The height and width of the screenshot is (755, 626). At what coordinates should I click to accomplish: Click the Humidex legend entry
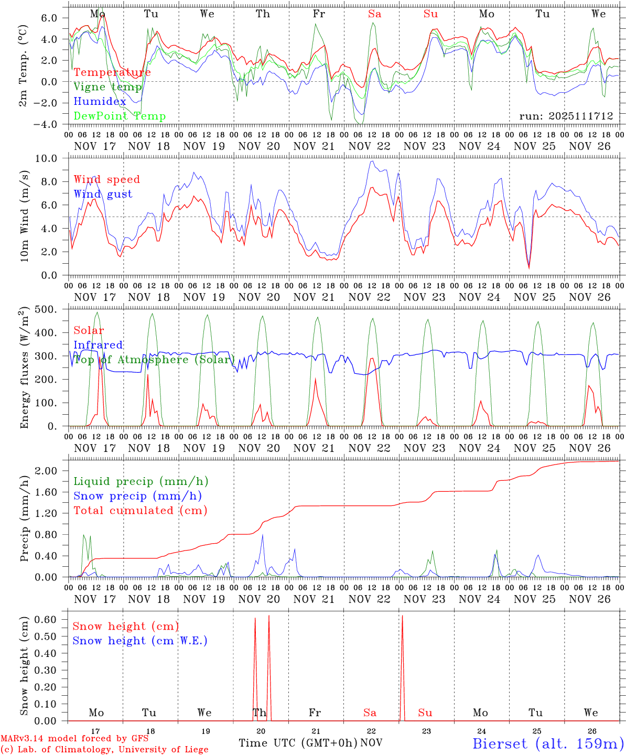100,101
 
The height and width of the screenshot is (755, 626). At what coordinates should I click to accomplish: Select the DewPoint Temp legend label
120,116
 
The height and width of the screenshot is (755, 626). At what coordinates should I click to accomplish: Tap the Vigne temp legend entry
107,87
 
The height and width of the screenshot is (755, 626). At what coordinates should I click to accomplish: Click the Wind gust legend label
103,194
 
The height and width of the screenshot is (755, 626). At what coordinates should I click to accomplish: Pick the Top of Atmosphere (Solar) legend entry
153,360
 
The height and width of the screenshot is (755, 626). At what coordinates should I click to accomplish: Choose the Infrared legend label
98,345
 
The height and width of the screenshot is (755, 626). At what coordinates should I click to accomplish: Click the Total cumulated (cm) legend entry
140,510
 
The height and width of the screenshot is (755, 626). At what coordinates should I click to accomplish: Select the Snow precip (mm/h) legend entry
137,496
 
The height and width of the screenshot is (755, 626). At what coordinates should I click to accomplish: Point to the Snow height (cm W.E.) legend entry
139,641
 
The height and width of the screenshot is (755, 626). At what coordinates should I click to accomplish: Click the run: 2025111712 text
566,115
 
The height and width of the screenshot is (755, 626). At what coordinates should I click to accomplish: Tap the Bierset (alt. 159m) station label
547,743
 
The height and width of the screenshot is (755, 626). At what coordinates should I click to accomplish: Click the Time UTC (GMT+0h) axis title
298,743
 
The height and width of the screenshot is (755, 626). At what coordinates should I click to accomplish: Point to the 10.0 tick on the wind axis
52,158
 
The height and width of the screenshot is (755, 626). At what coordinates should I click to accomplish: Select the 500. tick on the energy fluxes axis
51,309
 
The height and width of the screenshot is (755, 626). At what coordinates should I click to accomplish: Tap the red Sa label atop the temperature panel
374,14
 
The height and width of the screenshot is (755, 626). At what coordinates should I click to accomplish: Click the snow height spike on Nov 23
402,666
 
